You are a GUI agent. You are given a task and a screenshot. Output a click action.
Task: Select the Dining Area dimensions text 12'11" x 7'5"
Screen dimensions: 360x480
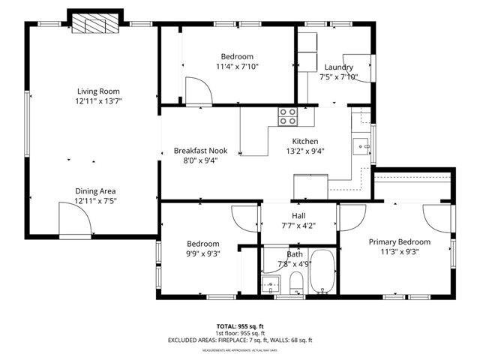(x=95, y=200)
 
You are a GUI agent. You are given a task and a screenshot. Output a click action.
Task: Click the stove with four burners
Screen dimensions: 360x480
(x=289, y=116)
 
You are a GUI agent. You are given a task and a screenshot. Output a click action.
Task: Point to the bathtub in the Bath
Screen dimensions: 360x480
(x=322, y=274)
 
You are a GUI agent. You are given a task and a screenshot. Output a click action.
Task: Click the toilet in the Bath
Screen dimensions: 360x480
(x=296, y=283)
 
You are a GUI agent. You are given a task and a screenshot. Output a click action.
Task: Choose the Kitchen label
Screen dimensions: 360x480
(x=306, y=142)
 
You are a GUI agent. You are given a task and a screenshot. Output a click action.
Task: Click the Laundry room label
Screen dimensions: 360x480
(x=338, y=67)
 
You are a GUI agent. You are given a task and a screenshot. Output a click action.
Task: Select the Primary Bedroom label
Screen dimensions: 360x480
(x=399, y=241)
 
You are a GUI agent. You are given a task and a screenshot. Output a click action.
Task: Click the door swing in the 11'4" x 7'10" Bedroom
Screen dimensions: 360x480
(x=199, y=90)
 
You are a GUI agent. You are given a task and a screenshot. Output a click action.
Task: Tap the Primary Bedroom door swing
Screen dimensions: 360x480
(x=435, y=217)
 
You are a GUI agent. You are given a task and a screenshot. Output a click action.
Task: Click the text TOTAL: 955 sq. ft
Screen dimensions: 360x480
(x=239, y=326)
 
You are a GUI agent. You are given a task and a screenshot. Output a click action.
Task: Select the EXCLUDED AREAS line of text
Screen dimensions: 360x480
(x=239, y=340)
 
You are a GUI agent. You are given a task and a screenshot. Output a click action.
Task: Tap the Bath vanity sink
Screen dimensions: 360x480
(x=271, y=284)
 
